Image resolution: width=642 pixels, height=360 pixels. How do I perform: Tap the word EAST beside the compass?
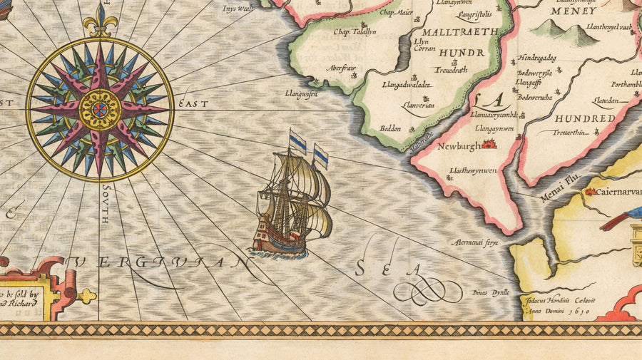tap(193, 104)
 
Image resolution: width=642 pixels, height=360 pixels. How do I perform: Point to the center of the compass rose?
tap(100, 109)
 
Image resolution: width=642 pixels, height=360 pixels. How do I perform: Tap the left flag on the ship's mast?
tap(297, 140)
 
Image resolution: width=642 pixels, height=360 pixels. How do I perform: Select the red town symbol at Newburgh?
tap(489, 145)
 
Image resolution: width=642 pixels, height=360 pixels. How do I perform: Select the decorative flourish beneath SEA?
tap(427, 289)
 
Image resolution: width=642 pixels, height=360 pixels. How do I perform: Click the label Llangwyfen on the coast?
tap(300, 93)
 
